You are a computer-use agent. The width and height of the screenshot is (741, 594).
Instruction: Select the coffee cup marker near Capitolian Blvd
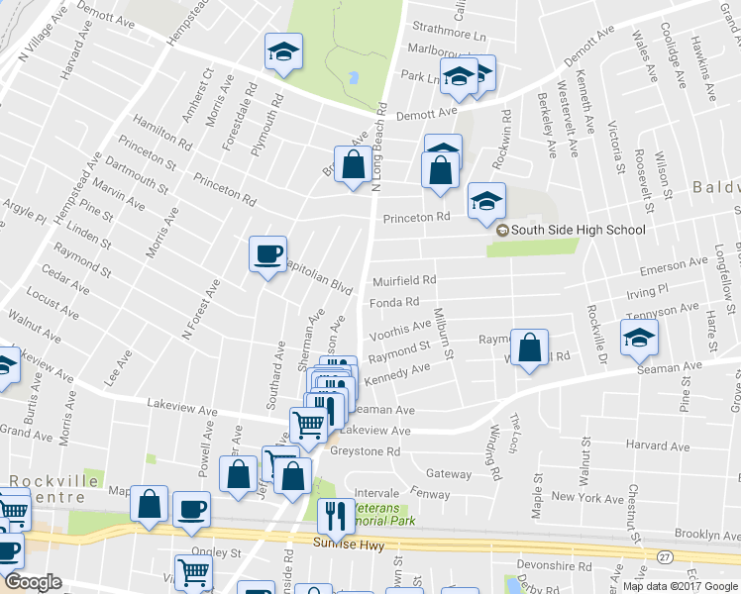pyautogui.click(x=267, y=254)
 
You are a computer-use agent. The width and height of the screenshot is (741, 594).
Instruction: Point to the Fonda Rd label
pyautogui.click(x=394, y=302)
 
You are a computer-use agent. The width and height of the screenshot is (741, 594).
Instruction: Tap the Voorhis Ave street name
pyautogui.click(x=399, y=326)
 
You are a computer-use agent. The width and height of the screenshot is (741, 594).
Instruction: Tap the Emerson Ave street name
pyautogui.click(x=675, y=267)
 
